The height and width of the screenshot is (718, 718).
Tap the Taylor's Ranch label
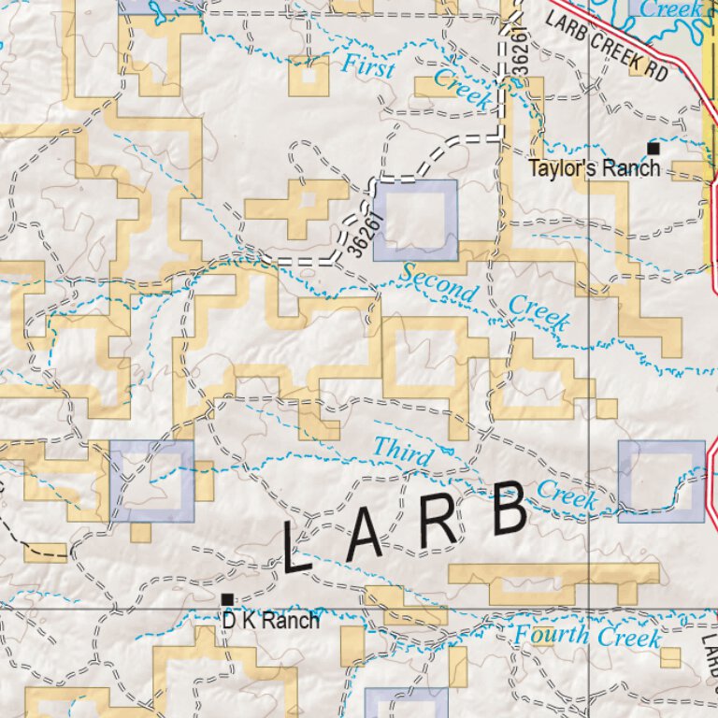point(594,169)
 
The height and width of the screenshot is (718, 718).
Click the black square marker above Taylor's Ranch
point(653,148)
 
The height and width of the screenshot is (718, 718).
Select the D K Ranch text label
point(270,620)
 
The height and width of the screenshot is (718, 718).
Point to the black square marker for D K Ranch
point(226,598)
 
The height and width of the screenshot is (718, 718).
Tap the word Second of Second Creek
point(439,283)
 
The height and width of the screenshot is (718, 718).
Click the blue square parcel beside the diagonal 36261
point(415,221)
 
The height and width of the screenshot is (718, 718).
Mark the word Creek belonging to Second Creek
point(539,313)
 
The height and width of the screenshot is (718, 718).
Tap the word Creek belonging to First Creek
point(462,90)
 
